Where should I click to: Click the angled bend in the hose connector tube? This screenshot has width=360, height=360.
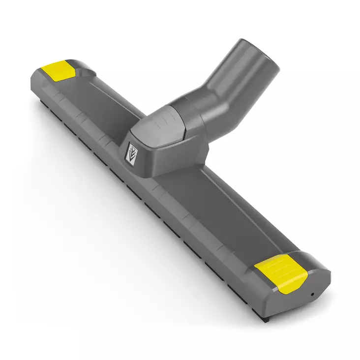tap(209, 93)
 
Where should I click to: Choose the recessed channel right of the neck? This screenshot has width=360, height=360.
tap(216, 197)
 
